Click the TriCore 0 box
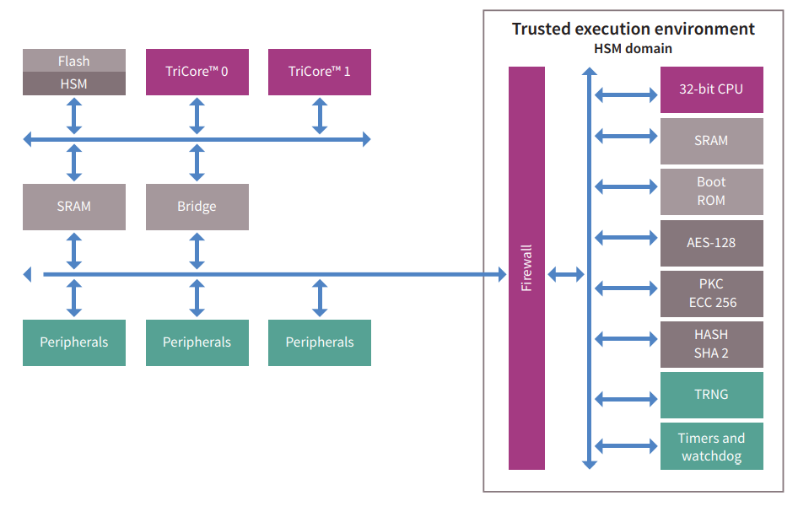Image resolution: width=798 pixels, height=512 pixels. (x=197, y=72)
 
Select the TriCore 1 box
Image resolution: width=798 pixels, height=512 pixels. (x=320, y=72)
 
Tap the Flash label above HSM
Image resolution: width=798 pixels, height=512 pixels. (x=74, y=61)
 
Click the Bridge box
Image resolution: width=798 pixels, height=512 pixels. (x=197, y=207)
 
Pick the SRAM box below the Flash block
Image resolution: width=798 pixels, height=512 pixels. (x=74, y=207)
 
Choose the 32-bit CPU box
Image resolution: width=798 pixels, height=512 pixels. (x=711, y=89)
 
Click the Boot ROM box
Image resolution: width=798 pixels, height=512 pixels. (x=711, y=191)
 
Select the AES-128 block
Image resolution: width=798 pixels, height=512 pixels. (x=711, y=243)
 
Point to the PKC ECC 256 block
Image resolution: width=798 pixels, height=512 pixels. (x=711, y=294)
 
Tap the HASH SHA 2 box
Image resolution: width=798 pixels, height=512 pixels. (x=711, y=344)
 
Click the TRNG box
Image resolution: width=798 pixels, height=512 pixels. (x=711, y=395)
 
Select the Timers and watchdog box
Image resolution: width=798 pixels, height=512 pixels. (x=711, y=446)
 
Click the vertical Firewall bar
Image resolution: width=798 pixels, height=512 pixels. (x=526, y=268)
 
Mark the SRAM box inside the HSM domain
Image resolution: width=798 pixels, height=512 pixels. (x=711, y=141)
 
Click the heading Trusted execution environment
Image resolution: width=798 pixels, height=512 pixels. (x=634, y=29)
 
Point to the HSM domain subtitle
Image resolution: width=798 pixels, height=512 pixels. (x=634, y=49)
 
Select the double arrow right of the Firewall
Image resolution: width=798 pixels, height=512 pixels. (x=565, y=274)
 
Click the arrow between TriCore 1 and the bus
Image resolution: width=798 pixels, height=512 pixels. (x=320, y=116)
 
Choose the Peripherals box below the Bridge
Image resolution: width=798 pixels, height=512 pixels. (x=197, y=342)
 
